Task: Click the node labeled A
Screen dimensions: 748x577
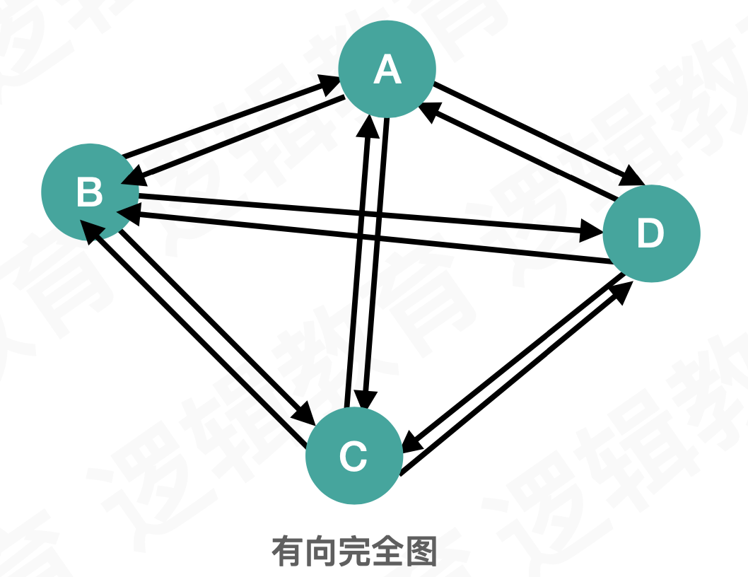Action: click(x=387, y=69)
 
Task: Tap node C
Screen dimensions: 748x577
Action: click(x=353, y=456)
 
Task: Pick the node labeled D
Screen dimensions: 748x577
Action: click(x=651, y=233)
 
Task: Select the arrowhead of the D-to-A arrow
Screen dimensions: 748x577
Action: click(x=428, y=110)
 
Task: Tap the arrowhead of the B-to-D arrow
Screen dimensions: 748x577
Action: click(x=592, y=229)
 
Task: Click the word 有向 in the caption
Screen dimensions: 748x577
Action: click(x=305, y=551)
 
